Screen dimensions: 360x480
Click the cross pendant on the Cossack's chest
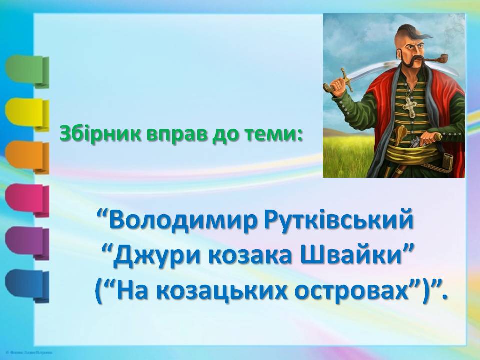click(x=409, y=106)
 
